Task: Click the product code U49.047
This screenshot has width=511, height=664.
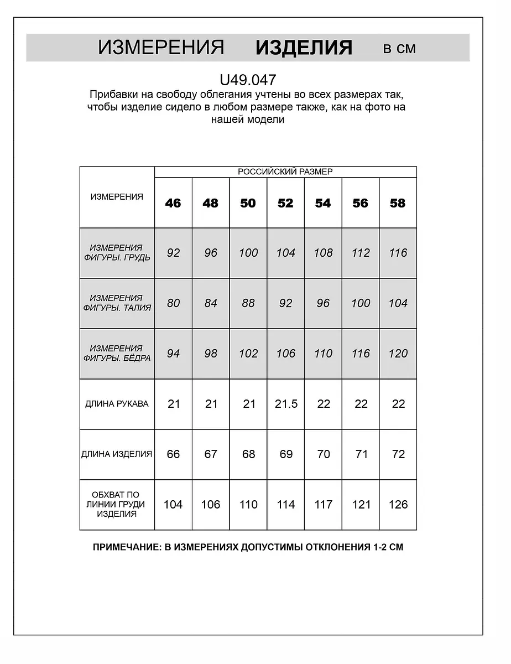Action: coord(248,80)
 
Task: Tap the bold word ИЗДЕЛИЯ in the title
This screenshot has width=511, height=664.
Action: coord(304,48)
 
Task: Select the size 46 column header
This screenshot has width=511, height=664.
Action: coord(173,203)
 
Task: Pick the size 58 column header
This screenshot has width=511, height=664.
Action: coord(398,203)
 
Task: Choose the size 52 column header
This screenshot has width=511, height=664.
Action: coord(285,203)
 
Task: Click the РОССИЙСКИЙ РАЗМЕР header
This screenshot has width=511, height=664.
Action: coord(285,172)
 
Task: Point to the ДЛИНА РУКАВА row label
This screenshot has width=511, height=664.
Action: coord(117,404)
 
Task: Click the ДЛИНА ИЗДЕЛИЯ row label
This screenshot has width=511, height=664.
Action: coord(117,454)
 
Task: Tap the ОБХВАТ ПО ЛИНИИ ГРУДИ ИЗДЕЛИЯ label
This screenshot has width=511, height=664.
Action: coord(117,504)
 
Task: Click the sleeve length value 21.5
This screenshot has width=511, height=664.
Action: coord(286,404)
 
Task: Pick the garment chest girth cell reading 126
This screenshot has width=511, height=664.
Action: coord(398,504)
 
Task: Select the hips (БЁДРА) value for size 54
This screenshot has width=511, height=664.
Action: coord(324,354)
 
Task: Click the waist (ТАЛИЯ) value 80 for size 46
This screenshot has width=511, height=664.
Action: coord(174,303)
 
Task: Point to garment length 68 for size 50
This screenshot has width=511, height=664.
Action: coord(249,454)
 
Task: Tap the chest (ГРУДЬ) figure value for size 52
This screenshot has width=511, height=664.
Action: coord(286,253)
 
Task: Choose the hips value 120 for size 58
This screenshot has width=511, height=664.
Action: coord(398,354)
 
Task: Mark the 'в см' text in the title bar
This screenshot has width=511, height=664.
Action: coord(399,49)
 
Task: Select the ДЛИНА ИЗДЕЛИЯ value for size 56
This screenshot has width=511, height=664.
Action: coord(361,454)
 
